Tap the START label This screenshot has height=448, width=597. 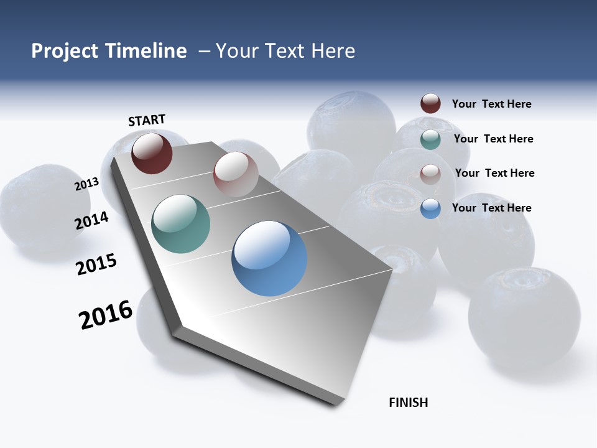tap(147, 120)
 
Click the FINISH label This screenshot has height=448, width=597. tap(409, 403)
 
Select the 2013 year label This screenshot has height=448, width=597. tap(86, 184)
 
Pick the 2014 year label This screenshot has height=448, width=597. tap(91, 220)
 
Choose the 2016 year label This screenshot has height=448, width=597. tap(106, 314)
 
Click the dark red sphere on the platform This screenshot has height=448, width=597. tap(152, 153)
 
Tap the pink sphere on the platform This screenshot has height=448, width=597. tap(236, 174)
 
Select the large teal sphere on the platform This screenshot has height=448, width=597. tap(181, 224)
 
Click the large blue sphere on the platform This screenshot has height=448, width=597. tap(269, 258)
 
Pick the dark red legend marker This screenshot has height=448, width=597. tap(430, 103)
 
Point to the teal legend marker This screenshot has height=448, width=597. tap(430, 139)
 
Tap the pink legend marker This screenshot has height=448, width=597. tap(430, 174)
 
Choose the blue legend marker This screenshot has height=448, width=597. tap(430, 208)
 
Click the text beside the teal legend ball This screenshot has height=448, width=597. tap(493, 139)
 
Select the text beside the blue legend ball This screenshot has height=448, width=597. tap(491, 208)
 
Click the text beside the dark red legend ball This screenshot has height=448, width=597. tap(491, 104)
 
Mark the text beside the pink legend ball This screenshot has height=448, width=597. tap(494, 173)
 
